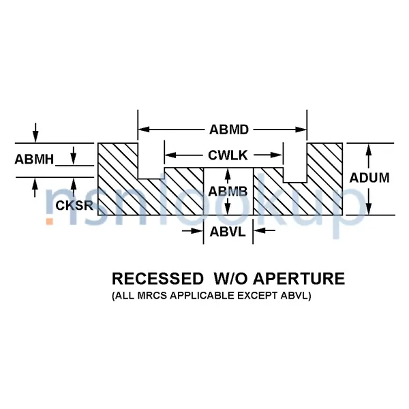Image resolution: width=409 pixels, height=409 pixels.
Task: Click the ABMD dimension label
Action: click(223, 129)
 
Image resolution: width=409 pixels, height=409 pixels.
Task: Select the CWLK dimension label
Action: click(223, 155)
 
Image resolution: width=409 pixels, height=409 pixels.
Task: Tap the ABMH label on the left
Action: click(34, 160)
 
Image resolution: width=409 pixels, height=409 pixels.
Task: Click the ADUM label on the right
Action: click(369, 179)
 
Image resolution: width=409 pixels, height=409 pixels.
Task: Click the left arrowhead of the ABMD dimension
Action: click(143, 129)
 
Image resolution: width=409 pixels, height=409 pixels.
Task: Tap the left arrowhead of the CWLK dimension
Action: click(170, 155)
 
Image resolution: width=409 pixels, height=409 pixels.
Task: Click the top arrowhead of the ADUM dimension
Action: click(369, 148)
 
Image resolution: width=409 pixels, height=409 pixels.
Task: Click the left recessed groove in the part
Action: click(151, 162)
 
